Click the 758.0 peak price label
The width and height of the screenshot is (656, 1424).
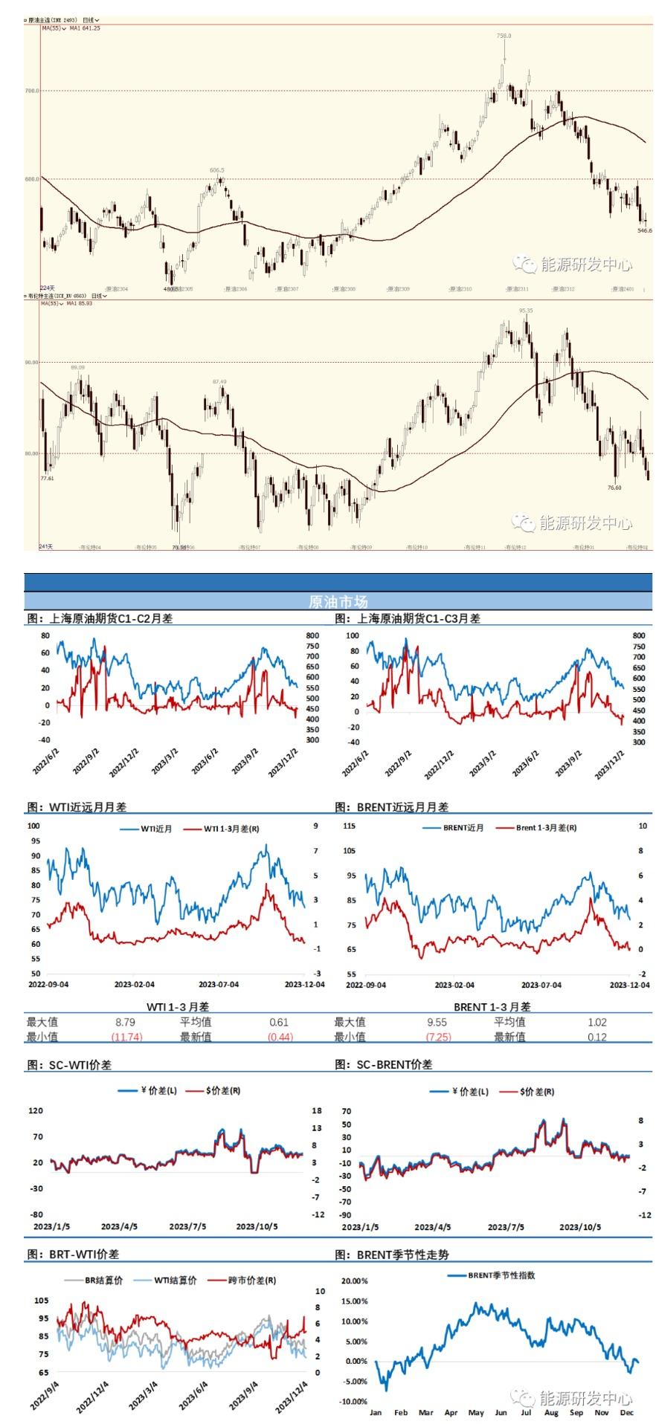coord(504,35)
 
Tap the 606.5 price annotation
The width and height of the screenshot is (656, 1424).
coord(216,170)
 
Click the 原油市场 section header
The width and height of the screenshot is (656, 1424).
coord(338,601)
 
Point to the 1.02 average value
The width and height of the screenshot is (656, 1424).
coord(597,1022)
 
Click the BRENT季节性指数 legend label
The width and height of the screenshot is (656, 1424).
coord(501,1275)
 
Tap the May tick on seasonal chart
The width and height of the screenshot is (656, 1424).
coord(475,1412)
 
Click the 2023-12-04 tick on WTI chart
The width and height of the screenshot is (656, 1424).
coord(306,984)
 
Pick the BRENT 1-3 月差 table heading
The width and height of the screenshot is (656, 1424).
coord(492,1006)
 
